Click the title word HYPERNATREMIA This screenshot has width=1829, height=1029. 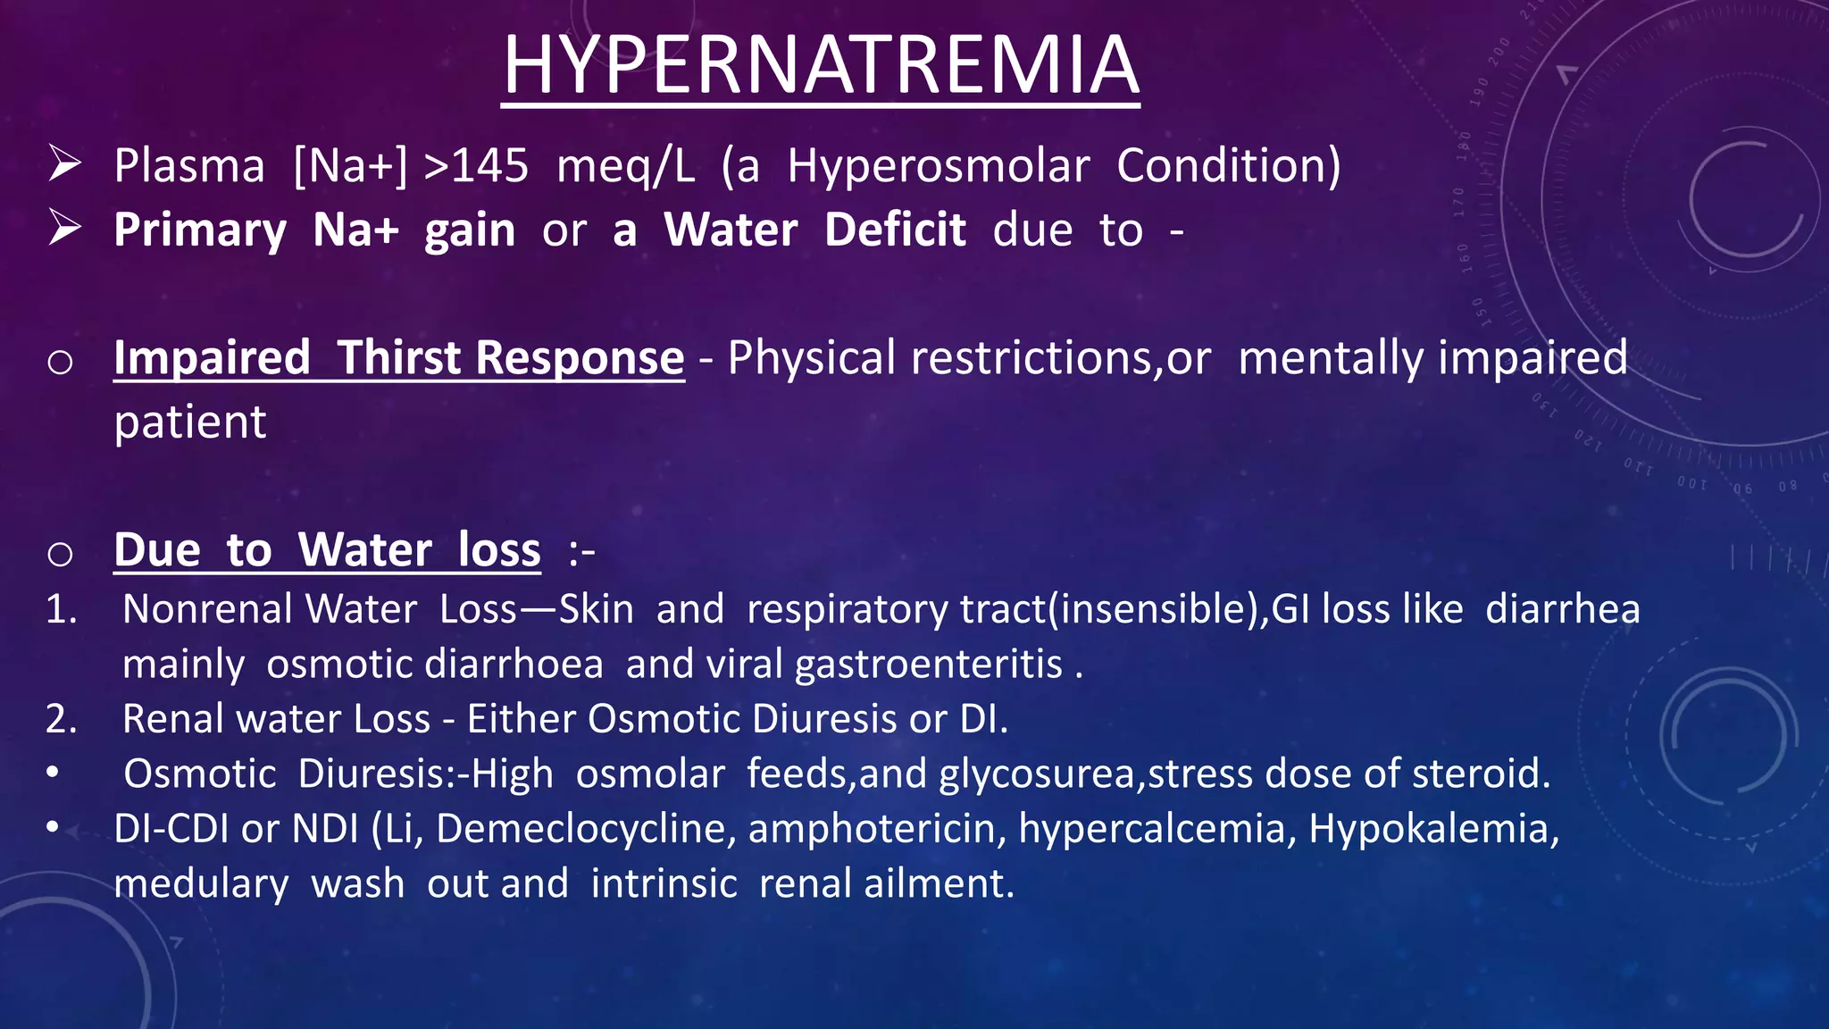click(820, 65)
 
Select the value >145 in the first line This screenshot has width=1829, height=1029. click(476, 166)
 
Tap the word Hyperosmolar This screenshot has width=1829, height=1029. click(938, 166)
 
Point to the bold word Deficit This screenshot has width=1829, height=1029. click(895, 230)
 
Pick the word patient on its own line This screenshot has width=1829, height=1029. click(190, 422)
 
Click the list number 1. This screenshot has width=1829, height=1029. click(61, 610)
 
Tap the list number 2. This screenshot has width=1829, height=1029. click(61, 719)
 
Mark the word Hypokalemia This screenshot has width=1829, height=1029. click(1433, 829)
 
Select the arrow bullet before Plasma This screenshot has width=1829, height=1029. click(65, 164)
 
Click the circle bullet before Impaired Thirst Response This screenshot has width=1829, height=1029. click(60, 362)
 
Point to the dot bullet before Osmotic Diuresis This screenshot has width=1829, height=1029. click(54, 773)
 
